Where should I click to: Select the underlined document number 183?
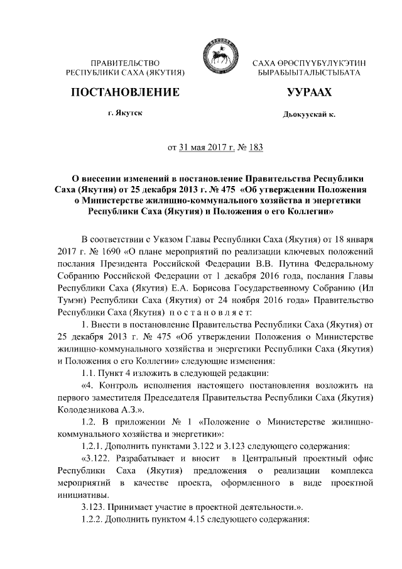[255, 148]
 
